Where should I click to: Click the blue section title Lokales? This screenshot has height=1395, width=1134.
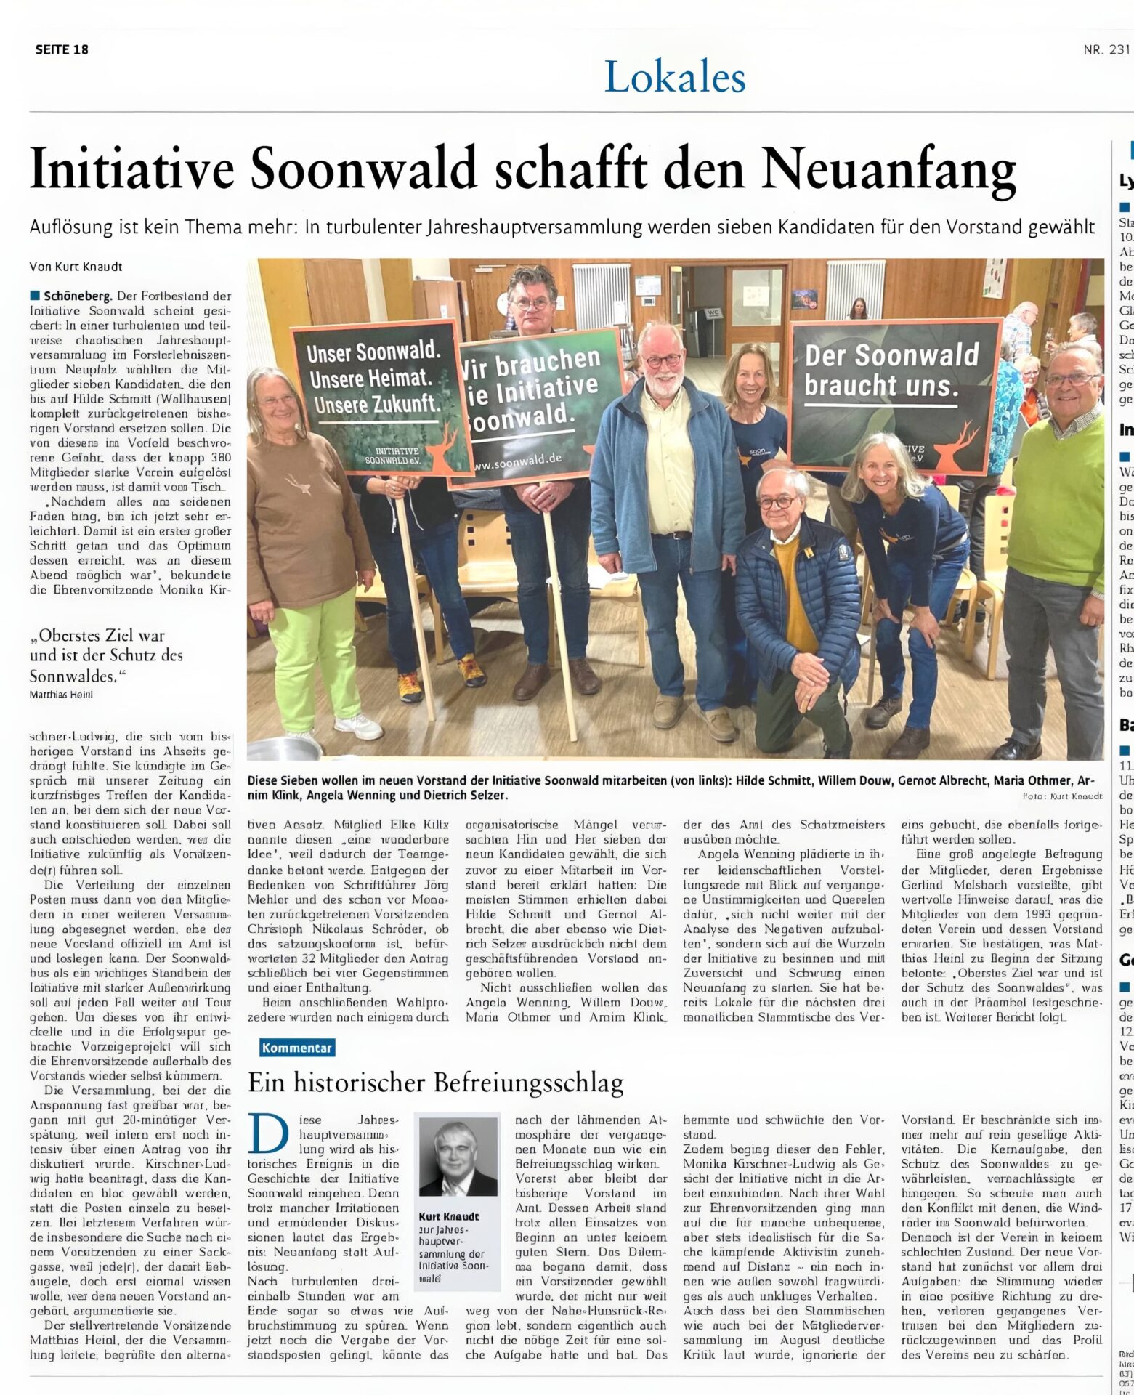pyautogui.click(x=675, y=77)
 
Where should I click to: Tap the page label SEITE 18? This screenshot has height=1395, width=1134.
pyautogui.click(x=62, y=49)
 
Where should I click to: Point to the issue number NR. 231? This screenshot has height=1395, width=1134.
pyautogui.click(x=1106, y=49)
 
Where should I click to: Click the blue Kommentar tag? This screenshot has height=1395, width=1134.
pyautogui.click(x=297, y=1048)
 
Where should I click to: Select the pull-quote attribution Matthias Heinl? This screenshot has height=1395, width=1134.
pyautogui.click(x=62, y=694)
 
